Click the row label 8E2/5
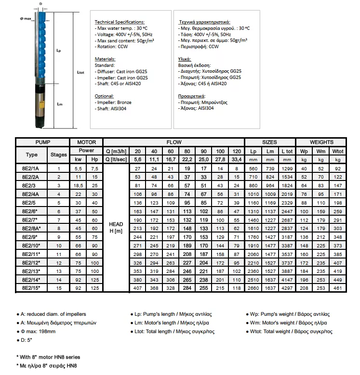[x=31, y=203]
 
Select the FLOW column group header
[x=174, y=142]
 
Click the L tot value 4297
[x=287, y=287]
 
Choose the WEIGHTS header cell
[x=321, y=142]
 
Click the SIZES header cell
[x=269, y=142]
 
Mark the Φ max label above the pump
[x=26, y=19]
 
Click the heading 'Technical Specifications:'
[x=119, y=22]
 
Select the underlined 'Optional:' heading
[x=105, y=96]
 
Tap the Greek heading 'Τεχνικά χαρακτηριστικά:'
[x=204, y=22]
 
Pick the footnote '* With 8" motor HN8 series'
[x=48, y=357]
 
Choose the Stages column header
[x=59, y=155]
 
